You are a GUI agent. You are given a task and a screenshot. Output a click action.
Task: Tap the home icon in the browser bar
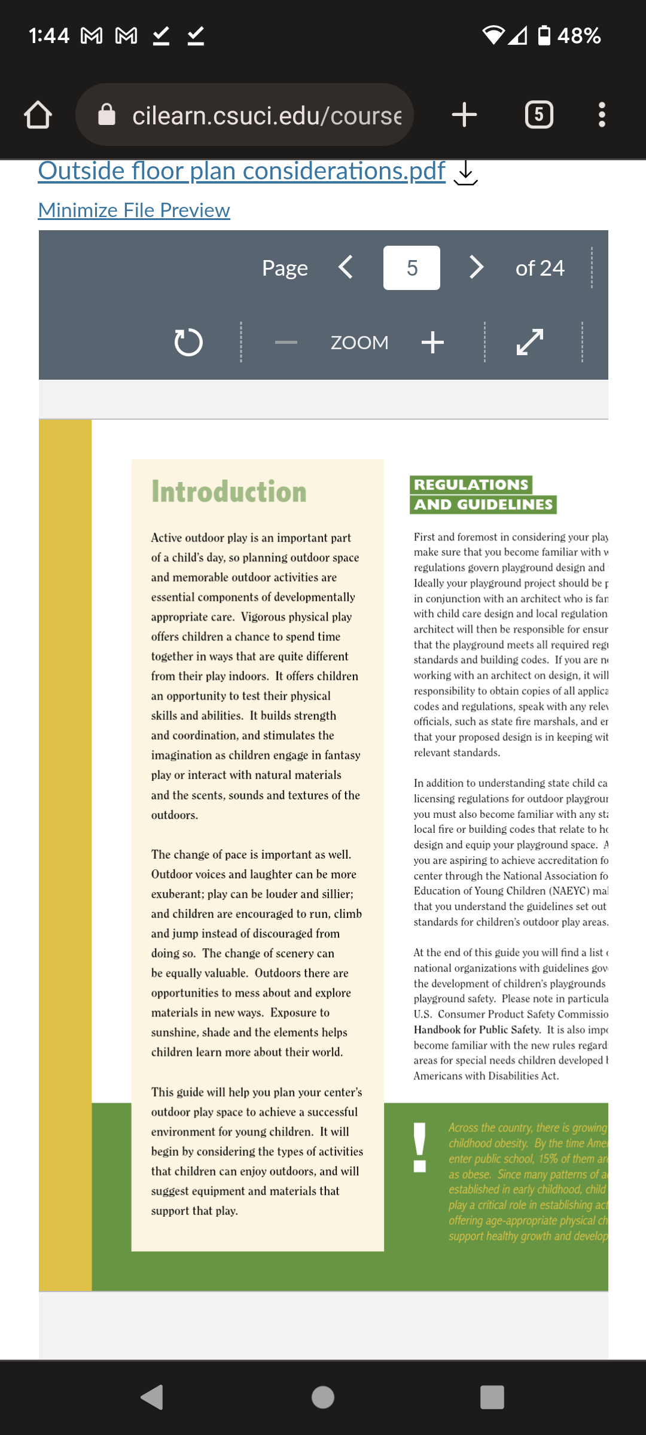[38, 115]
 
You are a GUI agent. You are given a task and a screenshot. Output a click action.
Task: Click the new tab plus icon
[464, 115]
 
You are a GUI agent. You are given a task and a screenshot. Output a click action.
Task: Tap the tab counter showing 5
[538, 115]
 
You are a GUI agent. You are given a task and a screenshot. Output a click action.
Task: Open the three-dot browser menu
[602, 115]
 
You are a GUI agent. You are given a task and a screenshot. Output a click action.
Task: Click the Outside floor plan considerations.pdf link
[242, 171]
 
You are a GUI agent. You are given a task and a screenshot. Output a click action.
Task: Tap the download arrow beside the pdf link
[465, 173]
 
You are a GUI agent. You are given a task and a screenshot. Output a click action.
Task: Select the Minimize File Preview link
[134, 210]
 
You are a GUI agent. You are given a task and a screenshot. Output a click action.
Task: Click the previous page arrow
[346, 267]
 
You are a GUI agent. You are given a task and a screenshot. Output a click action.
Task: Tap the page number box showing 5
[412, 268]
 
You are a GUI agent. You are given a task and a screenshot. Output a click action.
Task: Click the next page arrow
[476, 267]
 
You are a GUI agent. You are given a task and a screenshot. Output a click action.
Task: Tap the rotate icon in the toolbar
[188, 343]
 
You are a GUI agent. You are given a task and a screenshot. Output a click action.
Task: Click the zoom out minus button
[286, 343]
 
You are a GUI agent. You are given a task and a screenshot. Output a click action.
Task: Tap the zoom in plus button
[432, 343]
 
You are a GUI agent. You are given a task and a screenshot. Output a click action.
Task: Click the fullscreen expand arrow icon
[530, 342]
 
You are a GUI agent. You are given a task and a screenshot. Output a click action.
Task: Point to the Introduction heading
[228, 491]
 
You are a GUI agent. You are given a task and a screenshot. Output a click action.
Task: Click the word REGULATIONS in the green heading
[471, 484]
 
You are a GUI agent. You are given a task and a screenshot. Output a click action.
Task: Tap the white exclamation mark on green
[420, 1147]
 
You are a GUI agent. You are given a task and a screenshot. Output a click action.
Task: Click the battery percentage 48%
[578, 36]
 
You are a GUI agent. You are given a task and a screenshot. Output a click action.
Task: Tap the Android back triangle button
[153, 1397]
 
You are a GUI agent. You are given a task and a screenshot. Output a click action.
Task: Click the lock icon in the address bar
[106, 114]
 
